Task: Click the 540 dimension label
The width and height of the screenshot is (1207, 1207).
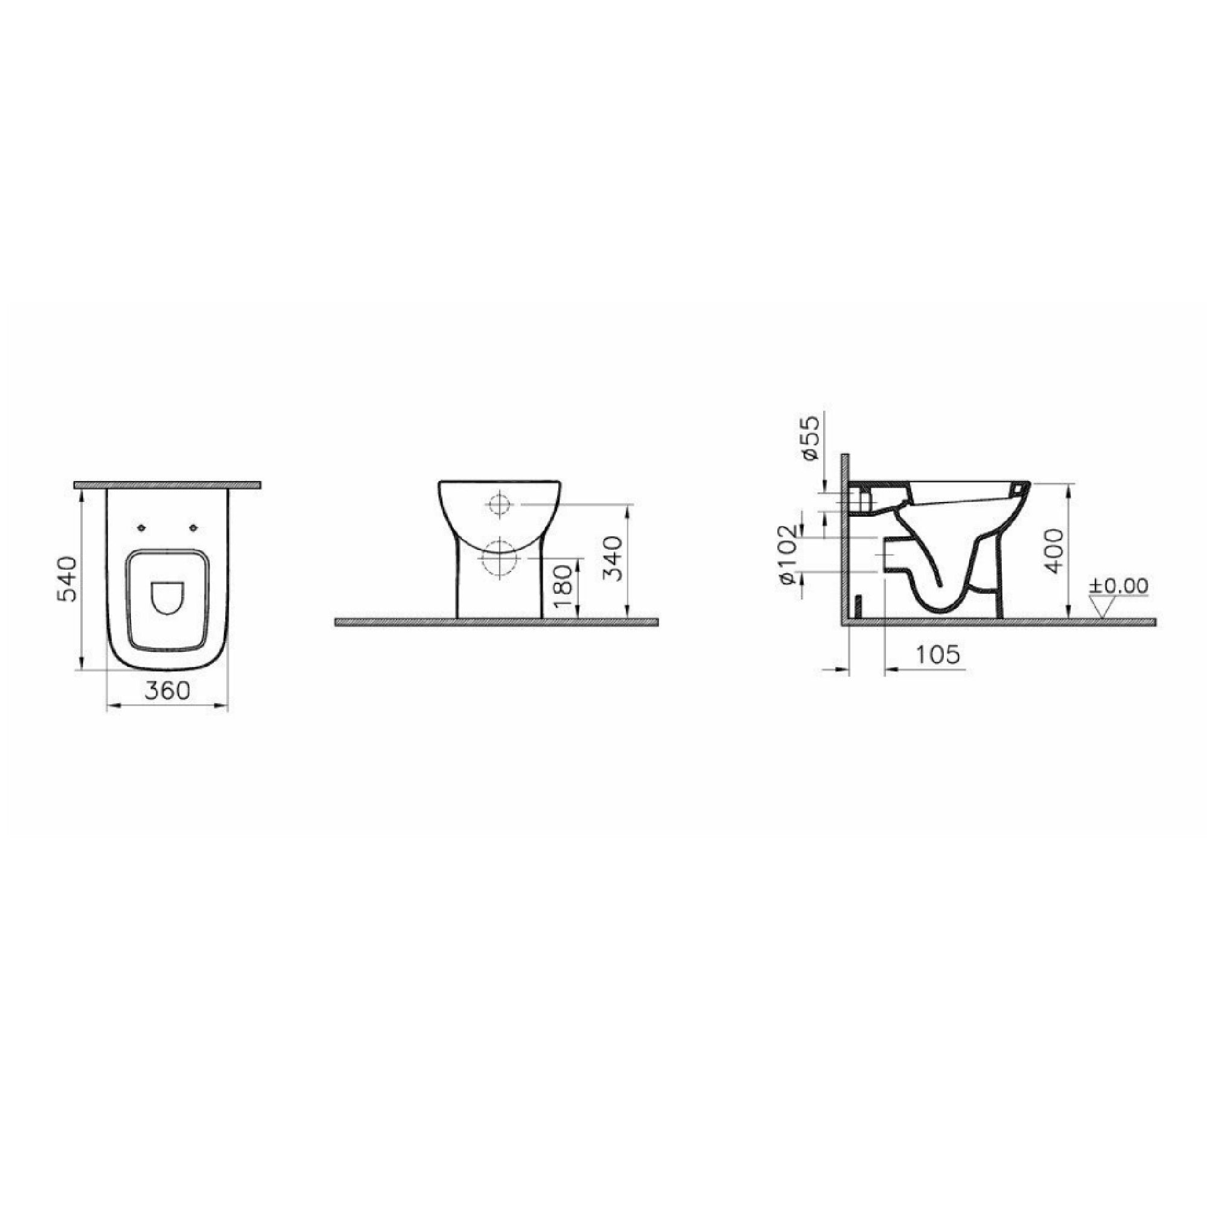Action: coord(68,578)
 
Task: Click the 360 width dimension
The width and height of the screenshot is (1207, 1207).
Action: coord(167,690)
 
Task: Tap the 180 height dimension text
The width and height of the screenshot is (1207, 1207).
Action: coord(562,587)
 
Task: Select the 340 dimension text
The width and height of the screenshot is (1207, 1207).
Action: coord(615,558)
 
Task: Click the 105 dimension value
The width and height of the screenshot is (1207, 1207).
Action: coord(937,654)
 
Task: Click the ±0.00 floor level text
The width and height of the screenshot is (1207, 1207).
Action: coord(1118,585)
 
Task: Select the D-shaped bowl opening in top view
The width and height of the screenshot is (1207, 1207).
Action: coord(167,597)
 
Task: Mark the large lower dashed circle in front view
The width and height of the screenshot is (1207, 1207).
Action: coord(499,557)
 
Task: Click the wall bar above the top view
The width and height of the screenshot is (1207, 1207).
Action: coord(167,485)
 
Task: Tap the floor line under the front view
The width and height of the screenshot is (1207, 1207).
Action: coord(497,622)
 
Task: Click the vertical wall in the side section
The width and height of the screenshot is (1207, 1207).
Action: coord(845,537)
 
